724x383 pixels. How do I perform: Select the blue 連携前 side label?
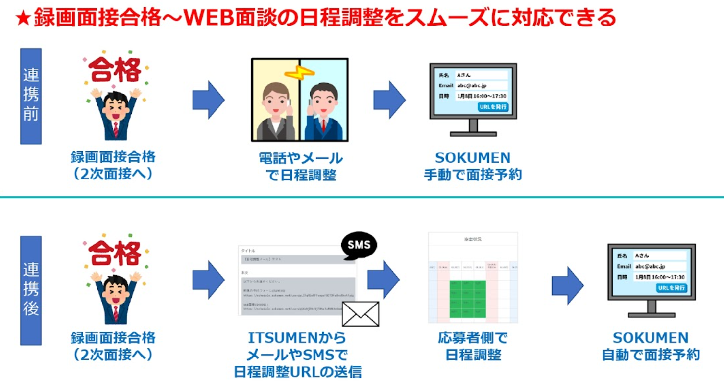pos(31,96)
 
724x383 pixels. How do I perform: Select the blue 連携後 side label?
pos(31,290)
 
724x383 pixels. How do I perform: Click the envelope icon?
pos(361,314)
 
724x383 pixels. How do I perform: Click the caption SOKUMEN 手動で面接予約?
pos(473,166)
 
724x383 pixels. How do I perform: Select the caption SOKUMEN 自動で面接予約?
pos(651,346)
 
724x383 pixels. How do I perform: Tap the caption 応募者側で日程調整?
pos(473,346)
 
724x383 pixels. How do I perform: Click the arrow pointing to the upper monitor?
pos(389,100)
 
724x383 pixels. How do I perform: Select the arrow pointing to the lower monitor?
pos(568,285)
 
